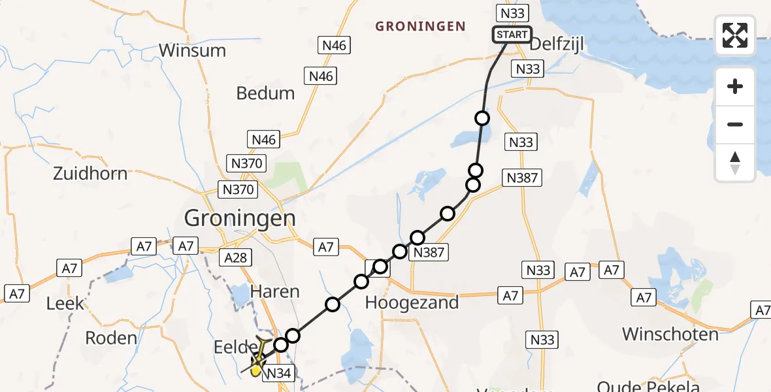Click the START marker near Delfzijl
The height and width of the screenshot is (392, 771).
(x=512, y=35)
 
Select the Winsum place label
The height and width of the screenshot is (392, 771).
(x=192, y=50)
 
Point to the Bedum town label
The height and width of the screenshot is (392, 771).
(x=265, y=93)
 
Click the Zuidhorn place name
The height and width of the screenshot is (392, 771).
(x=90, y=174)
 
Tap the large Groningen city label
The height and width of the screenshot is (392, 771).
(x=240, y=218)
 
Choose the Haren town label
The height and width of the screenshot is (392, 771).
(x=275, y=291)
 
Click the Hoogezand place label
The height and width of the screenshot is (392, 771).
(x=412, y=302)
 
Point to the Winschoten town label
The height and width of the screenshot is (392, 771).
(x=670, y=335)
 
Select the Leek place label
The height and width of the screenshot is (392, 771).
(x=65, y=304)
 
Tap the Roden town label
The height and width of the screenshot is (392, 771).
(x=112, y=338)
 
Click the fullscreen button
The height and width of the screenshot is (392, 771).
(x=735, y=35)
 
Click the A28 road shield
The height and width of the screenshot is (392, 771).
(x=235, y=257)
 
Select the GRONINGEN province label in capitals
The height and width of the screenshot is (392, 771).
(x=420, y=27)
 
